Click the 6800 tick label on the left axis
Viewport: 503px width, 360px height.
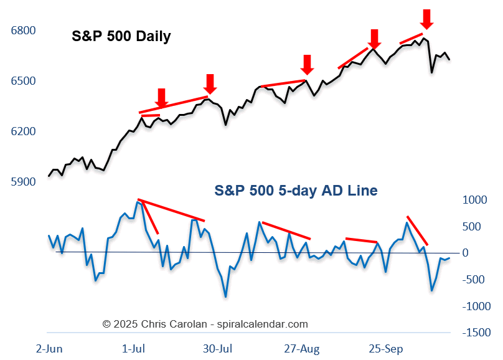pyautogui.click(x=23, y=31)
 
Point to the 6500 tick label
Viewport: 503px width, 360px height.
pyautogui.click(x=23, y=81)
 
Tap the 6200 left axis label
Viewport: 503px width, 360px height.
pyautogui.click(x=23, y=131)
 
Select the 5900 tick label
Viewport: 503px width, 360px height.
pyautogui.click(x=23, y=182)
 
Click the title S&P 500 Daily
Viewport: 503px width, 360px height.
pyautogui.click(x=121, y=36)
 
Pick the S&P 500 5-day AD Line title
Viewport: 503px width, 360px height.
pyautogui.click(x=296, y=190)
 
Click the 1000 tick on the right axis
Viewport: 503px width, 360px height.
pyautogui.click(x=476, y=200)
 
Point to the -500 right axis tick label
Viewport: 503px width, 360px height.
pyautogui.click(x=476, y=280)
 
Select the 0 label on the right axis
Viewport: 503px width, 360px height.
pyautogui.click(x=482, y=253)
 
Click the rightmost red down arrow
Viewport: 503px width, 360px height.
pyautogui.click(x=426, y=18)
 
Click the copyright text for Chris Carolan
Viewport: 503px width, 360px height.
pyautogui.click(x=205, y=324)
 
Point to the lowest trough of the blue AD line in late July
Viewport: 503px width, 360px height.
pyautogui.click(x=225, y=296)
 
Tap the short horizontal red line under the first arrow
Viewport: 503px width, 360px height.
pyautogui.click(x=151, y=115)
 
